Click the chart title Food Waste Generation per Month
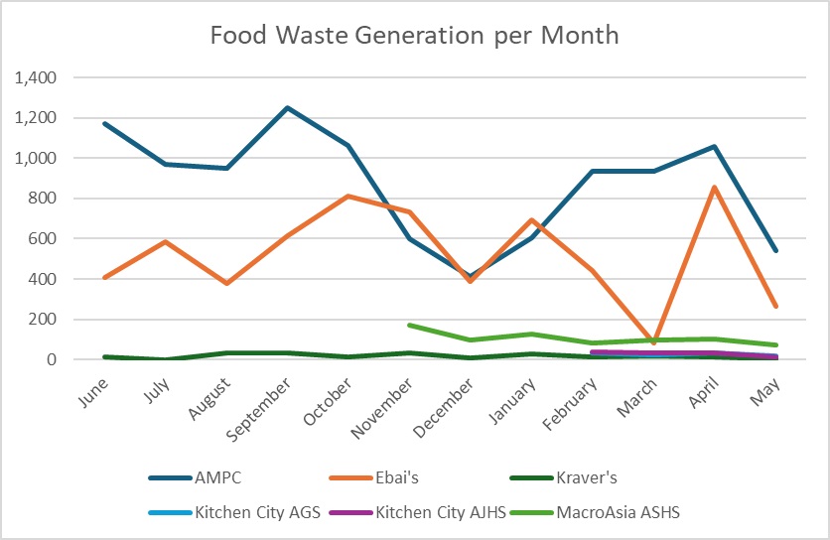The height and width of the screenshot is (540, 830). (x=414, y=35)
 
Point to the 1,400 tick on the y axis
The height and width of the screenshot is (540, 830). (x=36, y=77)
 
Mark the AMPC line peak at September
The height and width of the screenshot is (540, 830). (x=288, y=107)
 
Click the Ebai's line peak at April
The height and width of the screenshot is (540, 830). (x=714, y=187)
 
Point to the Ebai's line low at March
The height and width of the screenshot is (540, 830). (x=653, y=342)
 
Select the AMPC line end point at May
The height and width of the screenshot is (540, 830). (x=775, y=251)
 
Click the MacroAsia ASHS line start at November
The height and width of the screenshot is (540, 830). (x=409, y=325)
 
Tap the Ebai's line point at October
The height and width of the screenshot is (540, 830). (x=348, y=196)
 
